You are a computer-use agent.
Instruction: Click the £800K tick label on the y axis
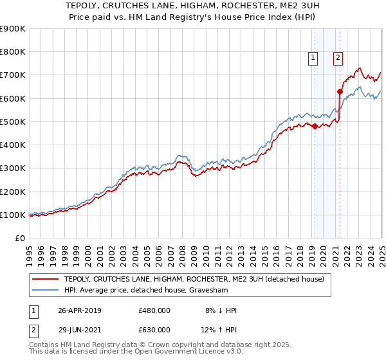[13, 52]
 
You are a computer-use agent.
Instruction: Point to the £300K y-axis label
[13, 168]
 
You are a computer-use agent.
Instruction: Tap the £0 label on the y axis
[19, 239]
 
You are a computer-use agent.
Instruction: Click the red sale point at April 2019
[315, 127]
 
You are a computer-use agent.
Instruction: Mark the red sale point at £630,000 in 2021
[340, 91]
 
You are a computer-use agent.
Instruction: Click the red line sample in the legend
[45, 279]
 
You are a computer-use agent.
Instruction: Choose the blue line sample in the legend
[45, 290]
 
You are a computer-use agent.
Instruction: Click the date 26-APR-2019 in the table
[80, 310]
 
